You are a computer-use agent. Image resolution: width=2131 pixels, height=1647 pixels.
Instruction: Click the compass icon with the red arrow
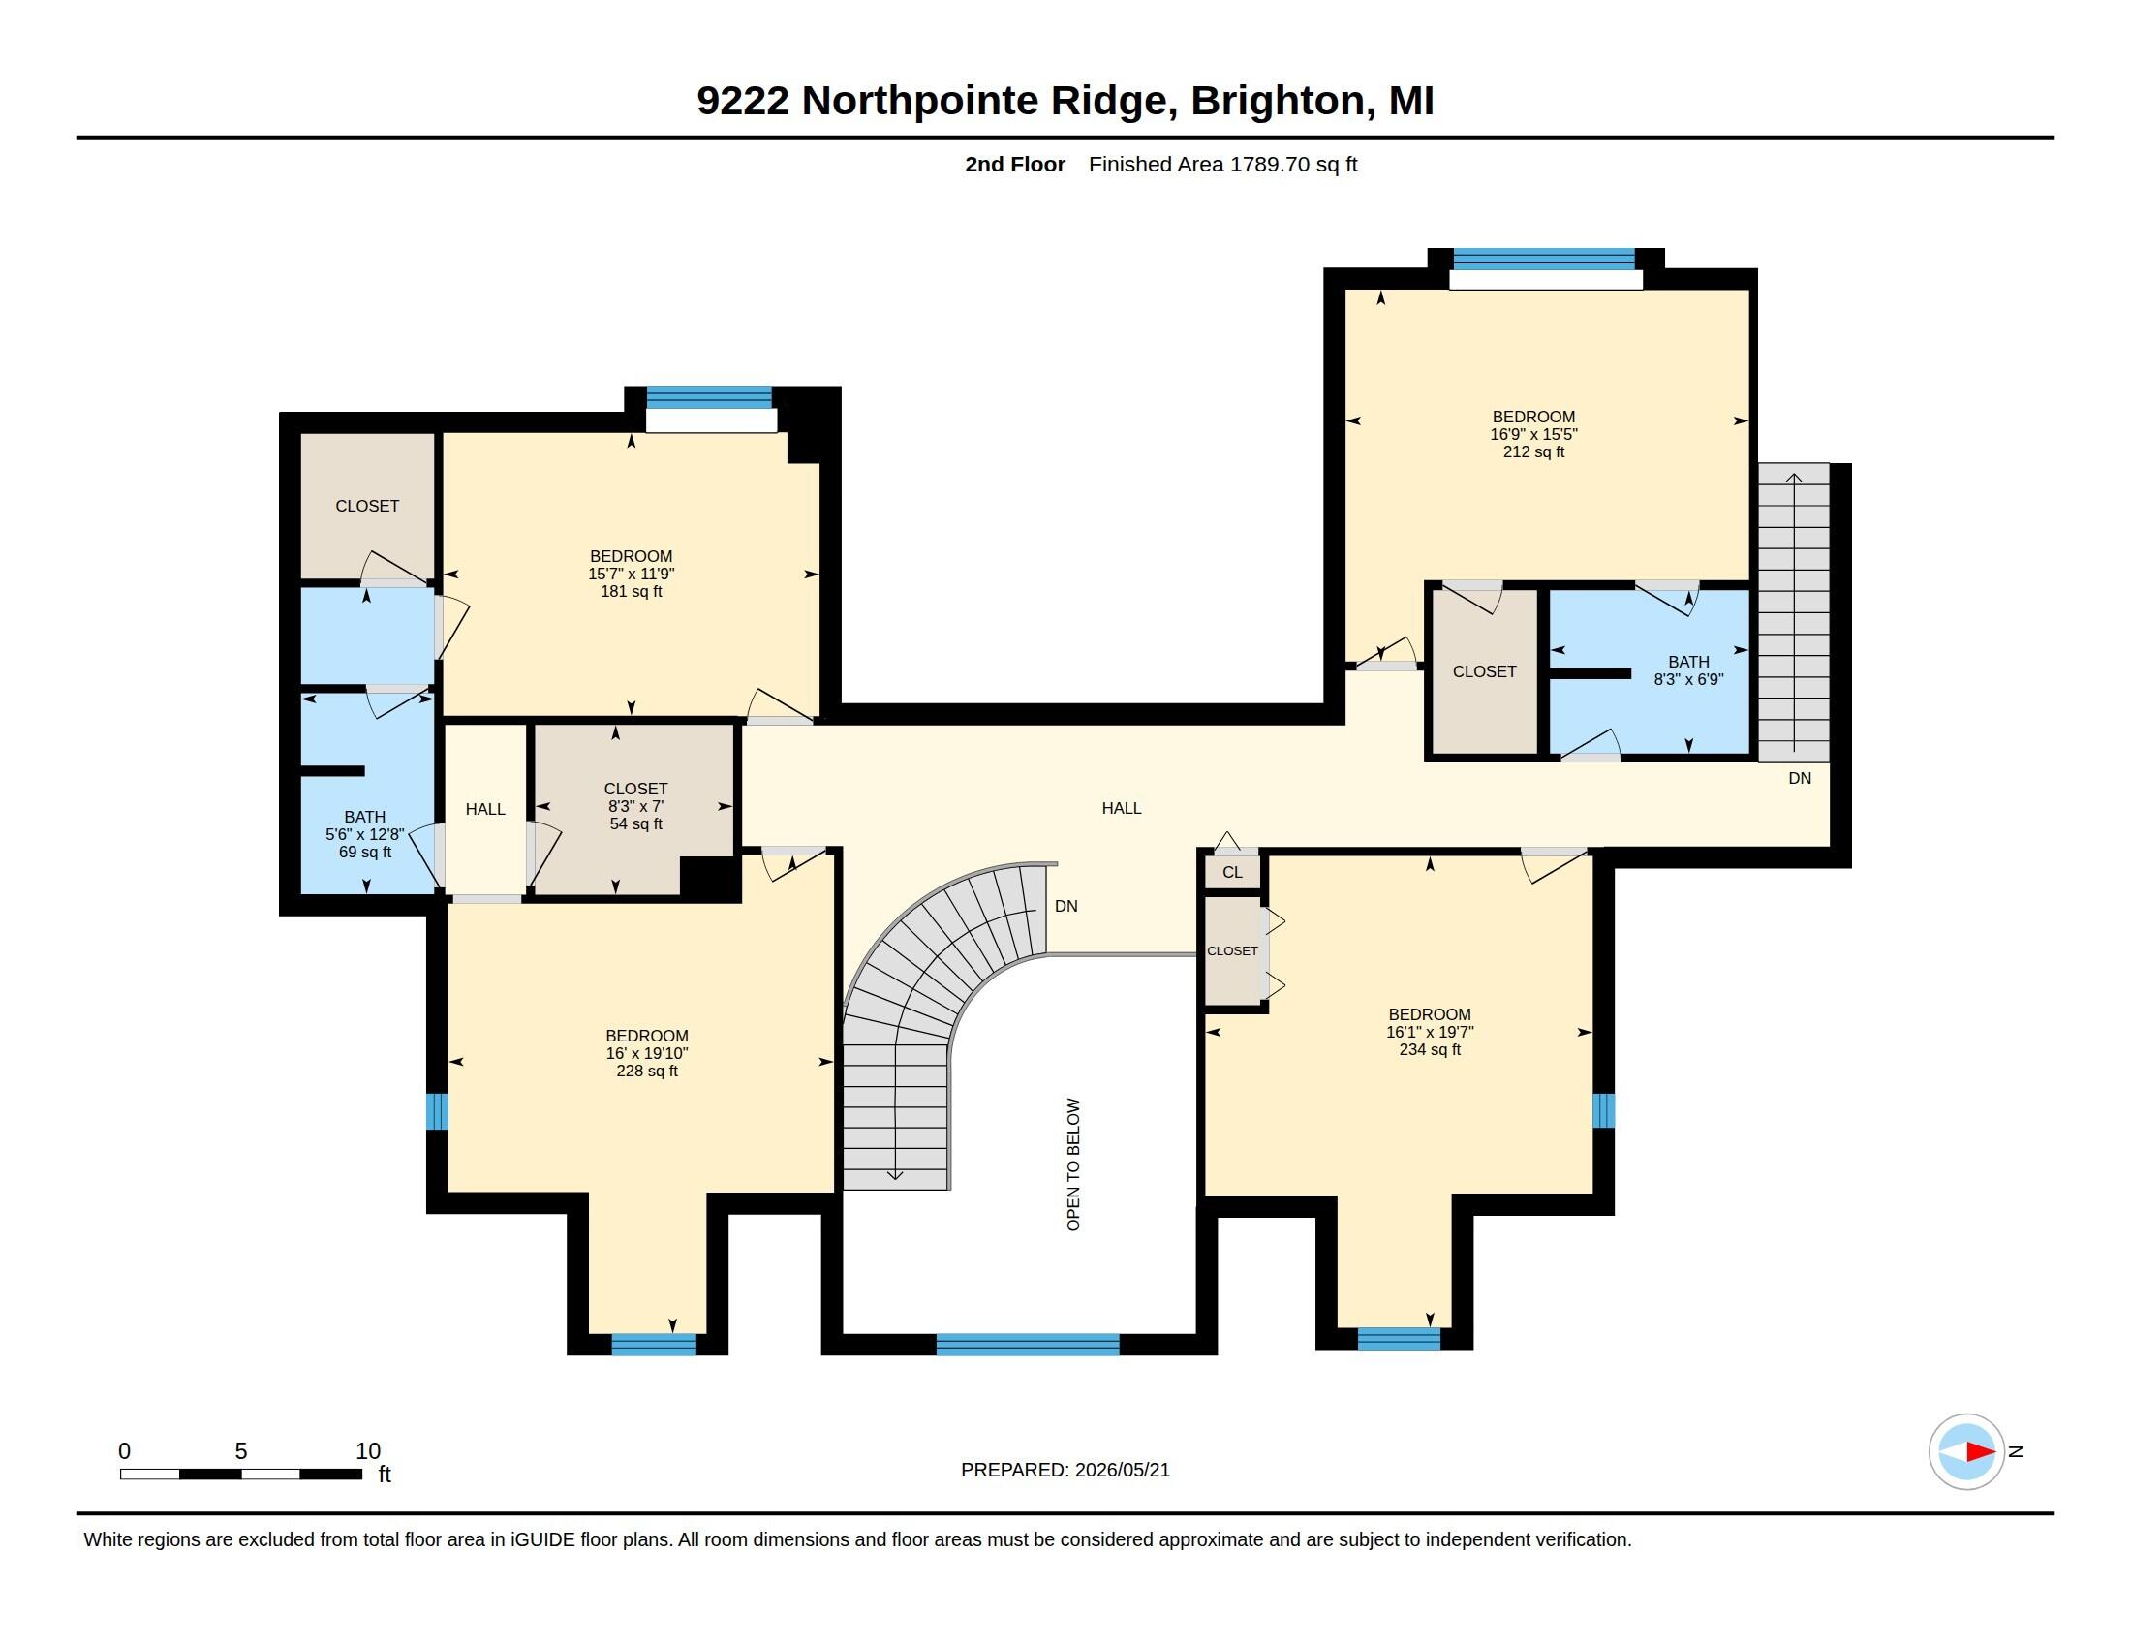1966,1451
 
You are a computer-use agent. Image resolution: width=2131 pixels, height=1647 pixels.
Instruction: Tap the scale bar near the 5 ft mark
241,1474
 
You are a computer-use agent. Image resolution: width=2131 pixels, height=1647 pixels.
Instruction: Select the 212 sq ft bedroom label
1534,434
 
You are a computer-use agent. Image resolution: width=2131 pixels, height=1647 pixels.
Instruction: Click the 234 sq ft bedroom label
1430,1032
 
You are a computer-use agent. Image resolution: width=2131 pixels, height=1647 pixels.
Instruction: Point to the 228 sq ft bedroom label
647,1053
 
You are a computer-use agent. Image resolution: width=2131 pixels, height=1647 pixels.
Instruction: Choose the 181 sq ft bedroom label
632,574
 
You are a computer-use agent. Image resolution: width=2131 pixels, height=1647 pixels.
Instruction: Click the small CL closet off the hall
1232,872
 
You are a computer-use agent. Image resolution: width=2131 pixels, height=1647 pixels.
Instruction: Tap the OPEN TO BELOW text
1073,1164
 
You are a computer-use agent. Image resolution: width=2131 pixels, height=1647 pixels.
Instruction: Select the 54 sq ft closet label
636,806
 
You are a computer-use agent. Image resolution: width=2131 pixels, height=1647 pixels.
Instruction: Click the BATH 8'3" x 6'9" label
1688,670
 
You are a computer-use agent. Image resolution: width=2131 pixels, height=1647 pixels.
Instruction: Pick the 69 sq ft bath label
365,834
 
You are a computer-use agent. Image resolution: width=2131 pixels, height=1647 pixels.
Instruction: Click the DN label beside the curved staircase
1066,907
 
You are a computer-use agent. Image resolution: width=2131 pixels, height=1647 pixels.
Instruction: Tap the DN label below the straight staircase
1801,778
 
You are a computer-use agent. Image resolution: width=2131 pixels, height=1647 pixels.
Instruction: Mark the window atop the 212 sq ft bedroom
1544,259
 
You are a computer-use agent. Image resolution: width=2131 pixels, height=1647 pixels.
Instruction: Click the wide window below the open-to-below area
1028,1345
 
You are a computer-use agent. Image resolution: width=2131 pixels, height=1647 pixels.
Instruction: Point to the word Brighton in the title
1278,101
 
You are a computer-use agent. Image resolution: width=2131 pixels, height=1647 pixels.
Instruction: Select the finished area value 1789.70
1269,164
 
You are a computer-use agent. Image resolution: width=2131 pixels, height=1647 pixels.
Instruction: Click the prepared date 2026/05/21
1122,1470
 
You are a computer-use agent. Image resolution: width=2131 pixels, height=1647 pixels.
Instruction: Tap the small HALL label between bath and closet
485,809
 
